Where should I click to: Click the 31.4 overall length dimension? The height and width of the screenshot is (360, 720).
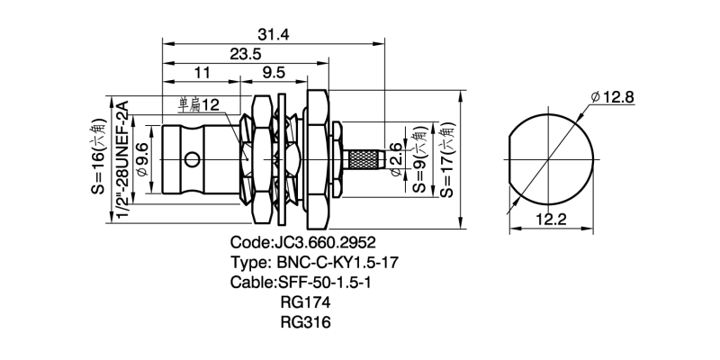pos(274,34)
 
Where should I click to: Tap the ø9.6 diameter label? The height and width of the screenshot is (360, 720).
pos(142,160)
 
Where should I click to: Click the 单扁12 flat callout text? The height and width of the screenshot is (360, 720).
pos(199,105)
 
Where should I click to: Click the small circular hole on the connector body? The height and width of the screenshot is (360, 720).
pos(190,160)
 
